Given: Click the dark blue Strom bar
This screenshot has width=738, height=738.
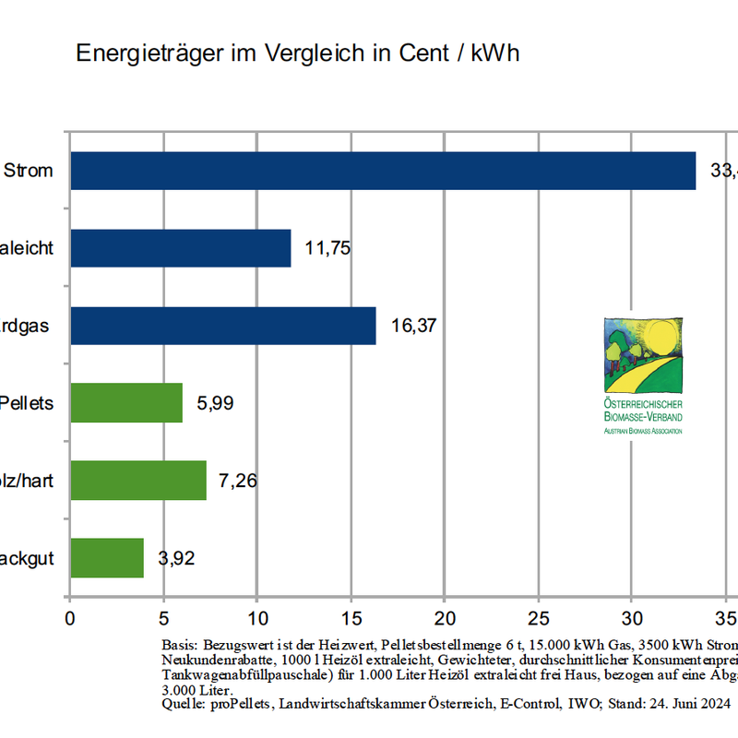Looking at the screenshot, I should (x=383, y=171).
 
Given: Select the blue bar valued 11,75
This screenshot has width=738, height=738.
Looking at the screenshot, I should (x=181, y=248).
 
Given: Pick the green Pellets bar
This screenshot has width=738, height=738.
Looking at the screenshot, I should (x=126, y=403).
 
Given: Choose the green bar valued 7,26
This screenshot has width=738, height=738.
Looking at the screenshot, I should (x=138, y=481).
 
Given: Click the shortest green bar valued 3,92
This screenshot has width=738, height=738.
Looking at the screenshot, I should (x=107, y=558).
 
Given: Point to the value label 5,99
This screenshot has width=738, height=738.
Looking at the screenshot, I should (x=216, y=403).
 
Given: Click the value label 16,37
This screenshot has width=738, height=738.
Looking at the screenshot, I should (x=413, y=326).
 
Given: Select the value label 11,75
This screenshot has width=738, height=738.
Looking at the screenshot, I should (x=328, y=248).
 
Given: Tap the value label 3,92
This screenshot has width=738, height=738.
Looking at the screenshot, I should (x=177, y=558).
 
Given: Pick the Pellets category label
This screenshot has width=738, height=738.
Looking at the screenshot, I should (x=27, y=403).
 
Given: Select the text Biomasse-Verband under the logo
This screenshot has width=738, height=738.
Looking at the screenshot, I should (x=645, y=417).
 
